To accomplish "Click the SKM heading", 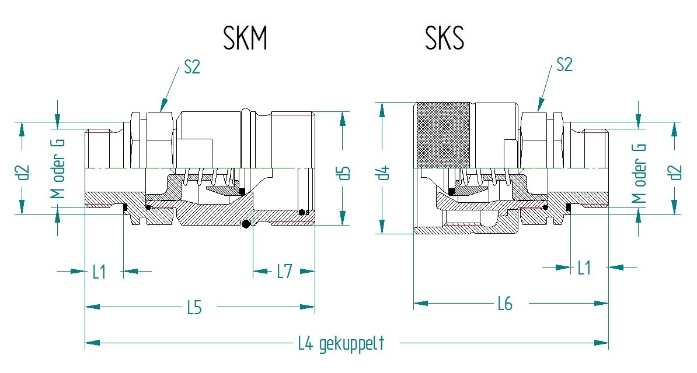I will (245, 38).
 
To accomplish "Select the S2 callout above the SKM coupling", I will (192, 66).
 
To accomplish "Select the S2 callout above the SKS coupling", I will (564, 64).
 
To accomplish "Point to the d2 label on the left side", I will (23, 173).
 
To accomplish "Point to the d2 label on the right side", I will (675, 173).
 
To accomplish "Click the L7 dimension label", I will (284, 271).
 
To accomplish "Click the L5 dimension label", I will (194, 307).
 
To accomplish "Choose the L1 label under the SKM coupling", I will (100, 272).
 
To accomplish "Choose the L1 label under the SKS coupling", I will (584, 268).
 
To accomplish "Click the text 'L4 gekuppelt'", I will (341, 343).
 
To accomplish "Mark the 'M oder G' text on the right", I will (641, 174).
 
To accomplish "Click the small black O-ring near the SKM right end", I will (301, 212).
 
